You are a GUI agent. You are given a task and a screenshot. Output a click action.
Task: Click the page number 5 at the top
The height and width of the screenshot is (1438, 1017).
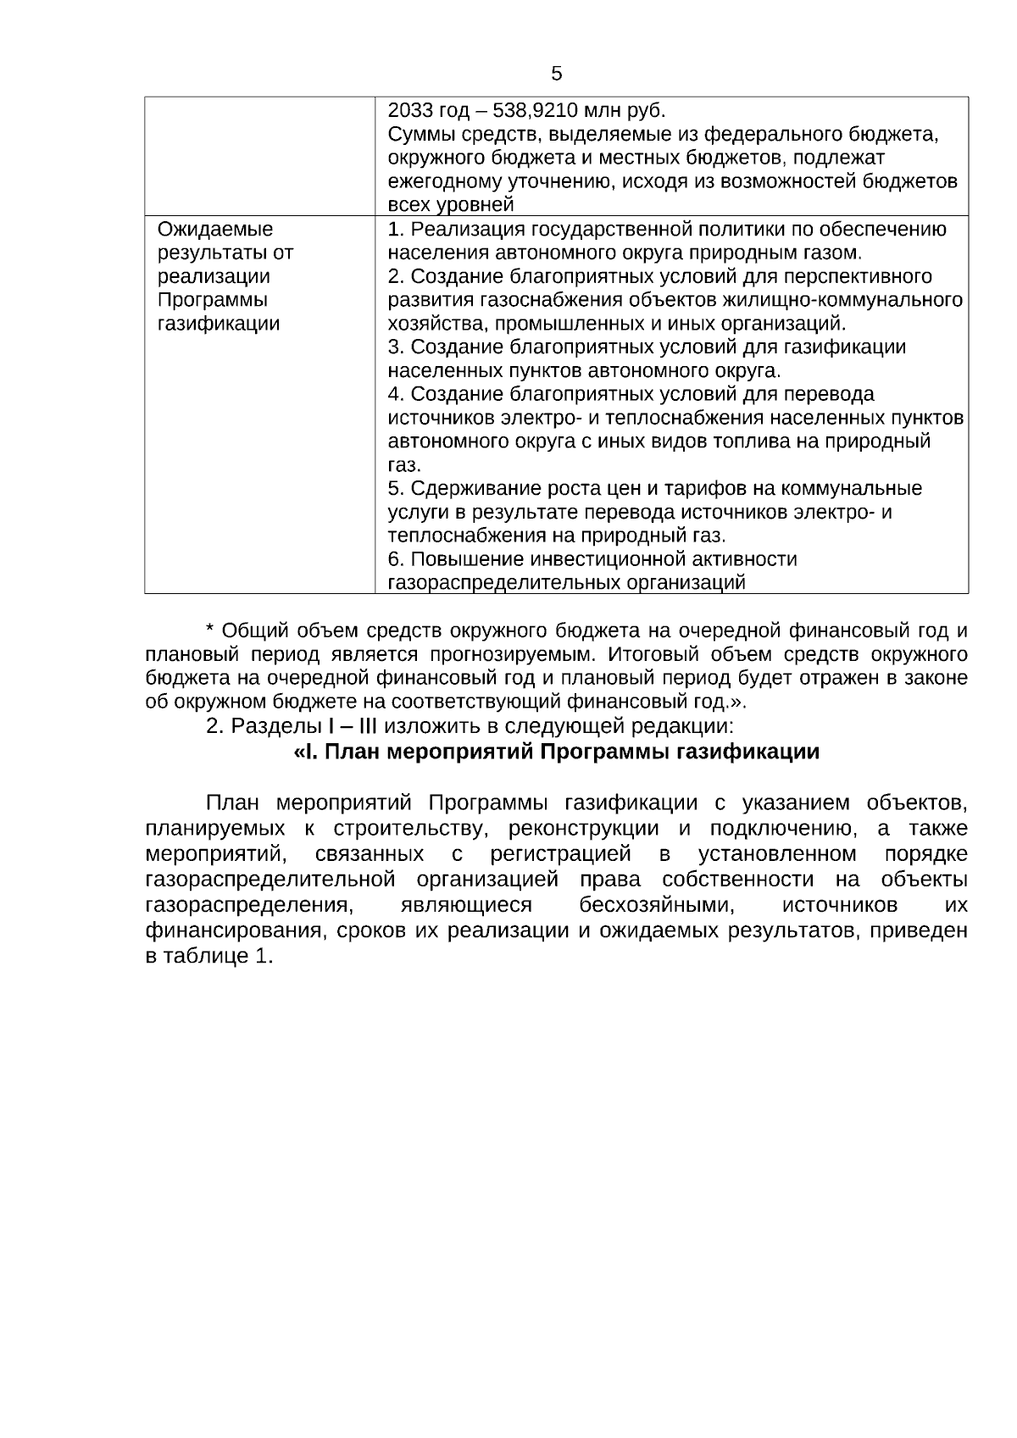pyautogui.click(x=557, y=74)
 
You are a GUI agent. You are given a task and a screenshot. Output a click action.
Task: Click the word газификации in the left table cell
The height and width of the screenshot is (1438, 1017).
pyautogui.click(x=219, y=324)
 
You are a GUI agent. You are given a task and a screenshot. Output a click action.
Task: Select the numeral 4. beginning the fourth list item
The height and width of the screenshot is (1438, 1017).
pyautogui.click(x=396, y=394)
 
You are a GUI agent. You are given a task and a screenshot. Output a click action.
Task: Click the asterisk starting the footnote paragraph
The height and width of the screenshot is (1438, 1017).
pyautogui.click(x=210, y=631)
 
